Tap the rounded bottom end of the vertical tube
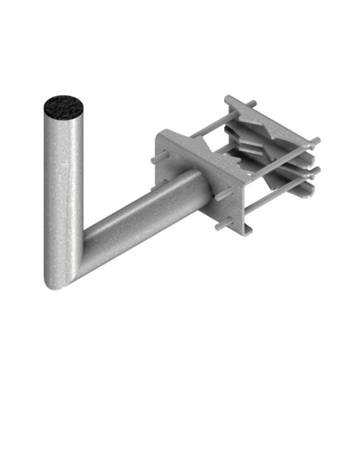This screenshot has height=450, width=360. pyautogui.click(x=57, y=283)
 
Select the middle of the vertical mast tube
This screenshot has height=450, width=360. pyautogui.click(x=63, y=193)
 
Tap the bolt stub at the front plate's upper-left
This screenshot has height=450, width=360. pyautogui.click(x=154, y=159)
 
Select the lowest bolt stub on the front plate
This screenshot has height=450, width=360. pyautogui.click(x=218, y=227)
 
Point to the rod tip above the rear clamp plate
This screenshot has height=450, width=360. pyautogui.click(x=253, y=102)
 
